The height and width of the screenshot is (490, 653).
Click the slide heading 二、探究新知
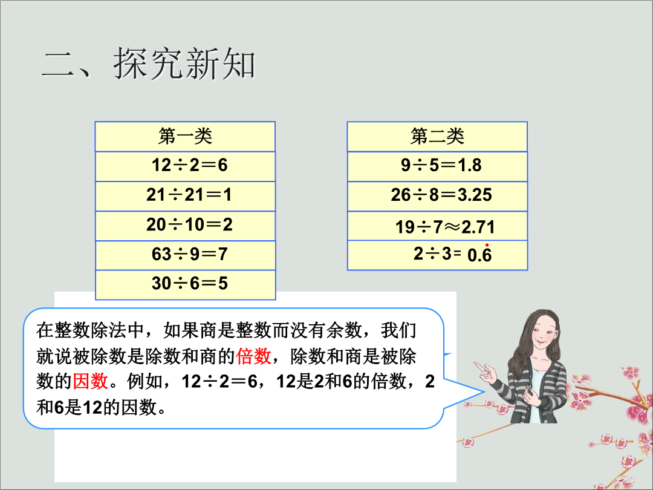pyautogui.click(x=148, y=64)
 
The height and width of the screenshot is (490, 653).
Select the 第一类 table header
pyautogui.click(x=186, y=136)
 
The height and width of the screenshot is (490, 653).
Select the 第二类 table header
pyautogui.click(x=437, y=136)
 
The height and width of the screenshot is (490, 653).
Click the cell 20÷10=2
pyautogui.click(x=186, y=226)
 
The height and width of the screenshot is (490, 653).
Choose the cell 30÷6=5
pyautogui.click(x=186, y=284)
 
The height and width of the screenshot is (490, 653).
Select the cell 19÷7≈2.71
pyautogui.click(x=437, y=226)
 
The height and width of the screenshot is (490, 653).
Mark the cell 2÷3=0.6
pyautogui.click(x=437, y=255)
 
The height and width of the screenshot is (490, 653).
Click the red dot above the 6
pyautogui.click(x=487, y=245)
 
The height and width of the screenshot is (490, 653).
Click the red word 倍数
pyautogui.click(x=253, y=356)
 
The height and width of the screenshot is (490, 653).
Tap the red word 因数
pyautogui.click(x=90, y=381)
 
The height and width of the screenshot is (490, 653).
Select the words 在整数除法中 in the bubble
pyautogui.click(x=90, y=330)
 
